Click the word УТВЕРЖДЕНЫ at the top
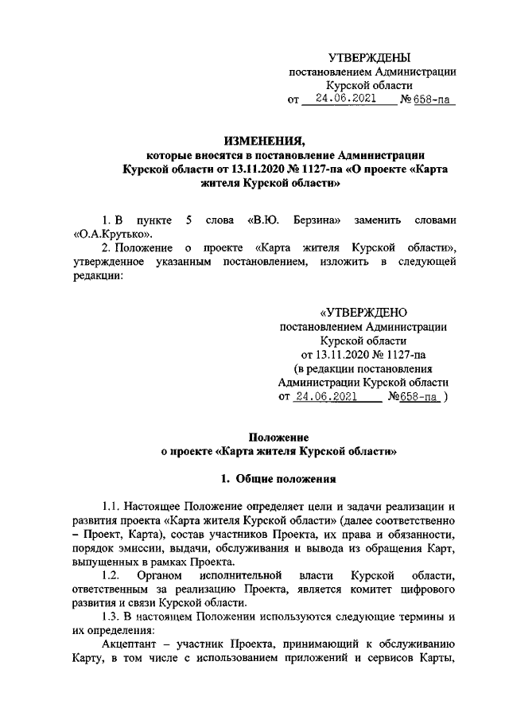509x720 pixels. click(x=370, y=57)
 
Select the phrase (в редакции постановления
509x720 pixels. click(x=363, y=368)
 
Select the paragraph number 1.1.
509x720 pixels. click(x=115, y=507)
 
